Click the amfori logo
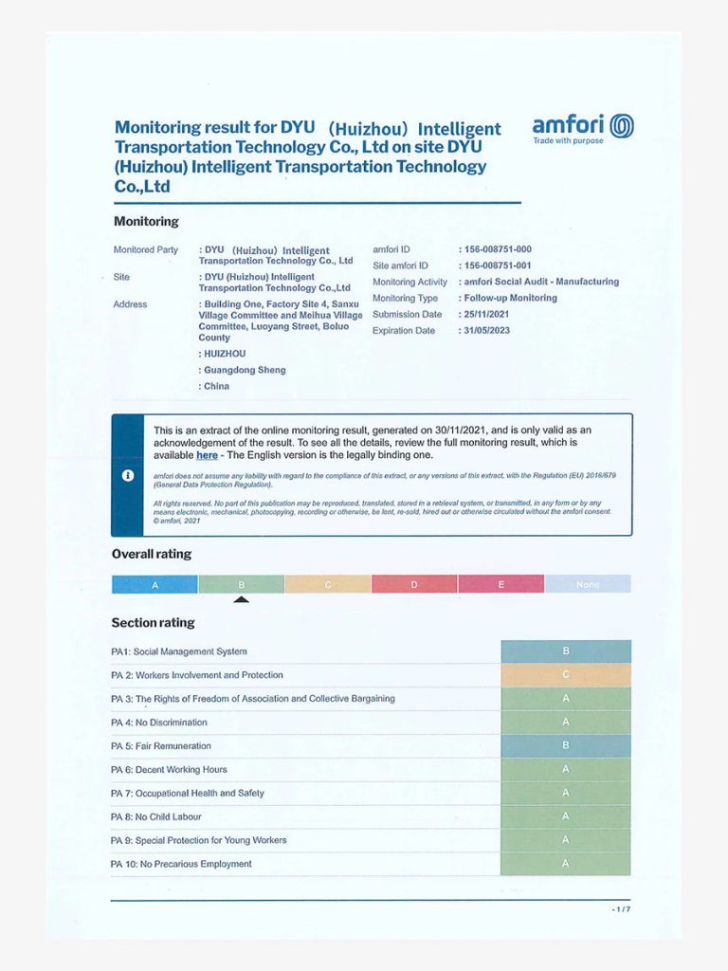[x=582, y=127]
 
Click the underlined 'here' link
[x=207, y=455]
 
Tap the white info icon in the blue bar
[x=128, y=475]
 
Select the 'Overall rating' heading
[x=152, y=554]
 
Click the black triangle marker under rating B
[x=242, y=599]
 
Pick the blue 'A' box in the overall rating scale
[x=155, y=585]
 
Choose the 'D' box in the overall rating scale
[x=414, y=585]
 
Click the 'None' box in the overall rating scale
[x=588, y=585]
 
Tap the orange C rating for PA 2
[x=566, y=675]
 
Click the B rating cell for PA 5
[x=566, y=746]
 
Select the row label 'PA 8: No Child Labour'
[x=156, y=816]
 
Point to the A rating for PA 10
[x=566, y=864]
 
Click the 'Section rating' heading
[x=154, y=623]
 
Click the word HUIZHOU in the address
[x=225, y=354]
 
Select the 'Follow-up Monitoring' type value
[x=510, y=298]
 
